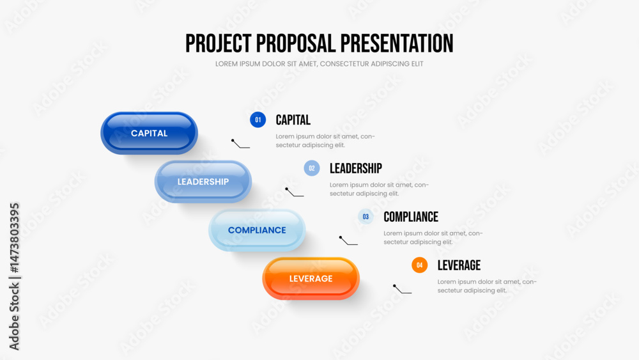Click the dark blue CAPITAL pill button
[x=149, y=133]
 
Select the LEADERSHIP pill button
[x=203, y=182]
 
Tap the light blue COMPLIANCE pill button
[x=257, y=230]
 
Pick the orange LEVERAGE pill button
[x=311, y=278]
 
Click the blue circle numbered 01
[x=258, y=120]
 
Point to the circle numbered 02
[x=312, y=168]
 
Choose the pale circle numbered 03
[x=366, y=217]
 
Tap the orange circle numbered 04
[x=419, y=265]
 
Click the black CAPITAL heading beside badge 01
[x=293, y=120]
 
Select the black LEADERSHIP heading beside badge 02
[x=356, y=168]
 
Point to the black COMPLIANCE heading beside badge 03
[x=411, y=217]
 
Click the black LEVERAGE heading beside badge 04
[x=459, y=265]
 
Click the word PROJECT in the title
[x=219, y=43]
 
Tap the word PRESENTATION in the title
[x=397, y=43]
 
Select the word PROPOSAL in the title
[x=296, y=43]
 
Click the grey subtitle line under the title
[x=319, y=64]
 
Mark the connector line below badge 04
[x=401, y=290]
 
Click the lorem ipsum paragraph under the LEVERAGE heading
[x=487, y=286]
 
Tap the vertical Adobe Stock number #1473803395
[x=14, y=238]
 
